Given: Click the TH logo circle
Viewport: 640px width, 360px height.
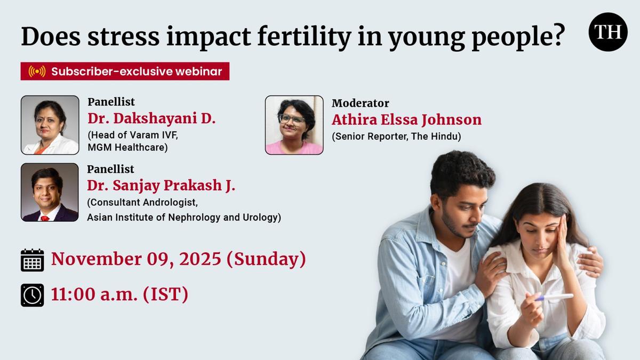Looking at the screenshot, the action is point(608,31).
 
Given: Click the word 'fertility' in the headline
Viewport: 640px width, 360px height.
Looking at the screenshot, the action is point(305,37).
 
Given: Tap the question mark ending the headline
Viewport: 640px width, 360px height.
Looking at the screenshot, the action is point(557,35).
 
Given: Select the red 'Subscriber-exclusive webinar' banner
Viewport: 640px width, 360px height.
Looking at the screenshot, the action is point(125,71).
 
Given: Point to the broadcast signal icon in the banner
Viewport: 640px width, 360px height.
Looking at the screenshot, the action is point(37,71).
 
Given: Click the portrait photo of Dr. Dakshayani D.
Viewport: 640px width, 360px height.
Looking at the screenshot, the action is point(50,125).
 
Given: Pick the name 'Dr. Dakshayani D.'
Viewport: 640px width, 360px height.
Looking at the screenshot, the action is point(151,118).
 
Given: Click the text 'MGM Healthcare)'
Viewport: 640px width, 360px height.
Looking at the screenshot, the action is point(127,147).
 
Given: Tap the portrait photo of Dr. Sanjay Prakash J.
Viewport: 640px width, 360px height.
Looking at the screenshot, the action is point(50,193).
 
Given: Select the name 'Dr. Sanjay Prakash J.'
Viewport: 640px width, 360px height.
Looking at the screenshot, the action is point(161,186).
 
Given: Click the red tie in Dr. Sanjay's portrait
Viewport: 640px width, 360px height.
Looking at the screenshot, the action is point(45,219).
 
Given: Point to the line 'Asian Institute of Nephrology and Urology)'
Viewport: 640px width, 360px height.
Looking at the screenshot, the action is point(184,218).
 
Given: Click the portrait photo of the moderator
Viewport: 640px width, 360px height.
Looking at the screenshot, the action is point(294,125).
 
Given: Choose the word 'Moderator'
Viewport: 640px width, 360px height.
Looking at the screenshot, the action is point(361,103).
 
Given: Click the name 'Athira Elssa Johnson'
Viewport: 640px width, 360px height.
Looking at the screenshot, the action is point(406,119).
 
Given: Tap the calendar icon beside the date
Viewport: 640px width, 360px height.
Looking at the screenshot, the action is point(33,260).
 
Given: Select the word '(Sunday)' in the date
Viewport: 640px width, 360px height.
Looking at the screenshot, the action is point(266,259).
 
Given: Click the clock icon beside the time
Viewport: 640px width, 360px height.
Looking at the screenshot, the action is point(33,295).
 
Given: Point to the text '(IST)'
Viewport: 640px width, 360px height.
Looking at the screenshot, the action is point(165,294).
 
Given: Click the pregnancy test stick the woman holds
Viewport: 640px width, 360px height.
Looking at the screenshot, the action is point(554,298).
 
